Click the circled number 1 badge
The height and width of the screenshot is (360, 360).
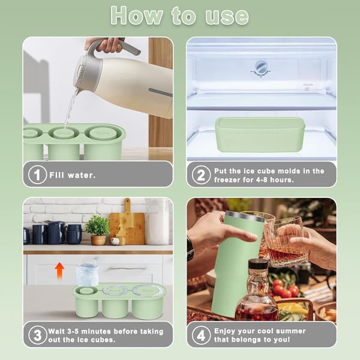37,175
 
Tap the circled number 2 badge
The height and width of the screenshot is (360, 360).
201,175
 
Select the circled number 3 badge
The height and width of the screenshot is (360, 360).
38,335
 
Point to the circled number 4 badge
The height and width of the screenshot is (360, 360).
201,335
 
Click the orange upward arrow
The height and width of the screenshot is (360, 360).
59,270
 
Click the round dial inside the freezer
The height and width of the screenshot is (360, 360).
261,68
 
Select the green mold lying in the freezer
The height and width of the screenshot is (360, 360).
260,134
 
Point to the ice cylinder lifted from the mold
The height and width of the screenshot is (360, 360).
87,275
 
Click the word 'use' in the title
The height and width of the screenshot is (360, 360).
227,17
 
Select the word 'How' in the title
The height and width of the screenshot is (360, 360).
137,16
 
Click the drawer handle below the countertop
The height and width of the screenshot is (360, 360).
128,268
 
